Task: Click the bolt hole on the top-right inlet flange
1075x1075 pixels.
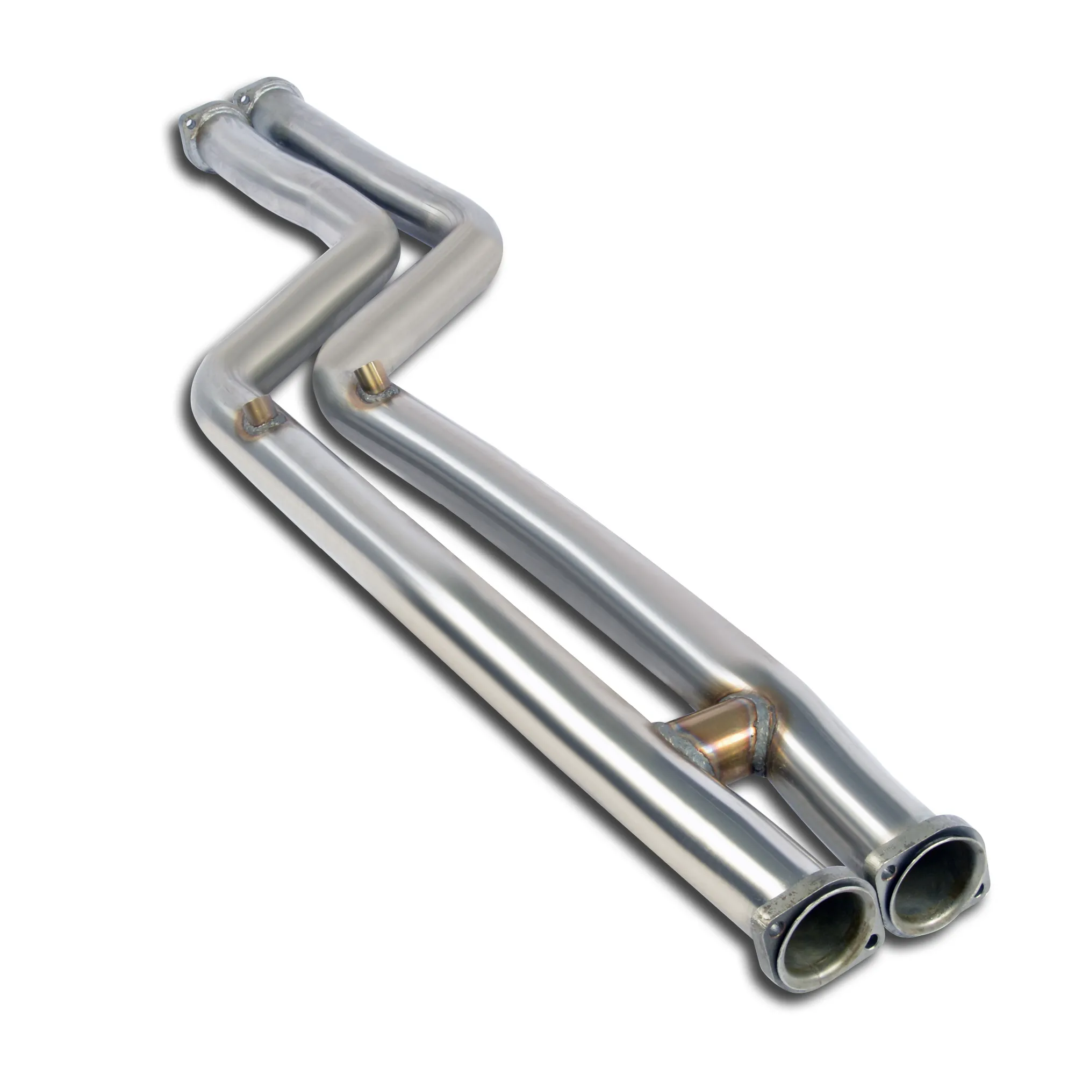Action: pyautogui.click(x=242, y=99)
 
